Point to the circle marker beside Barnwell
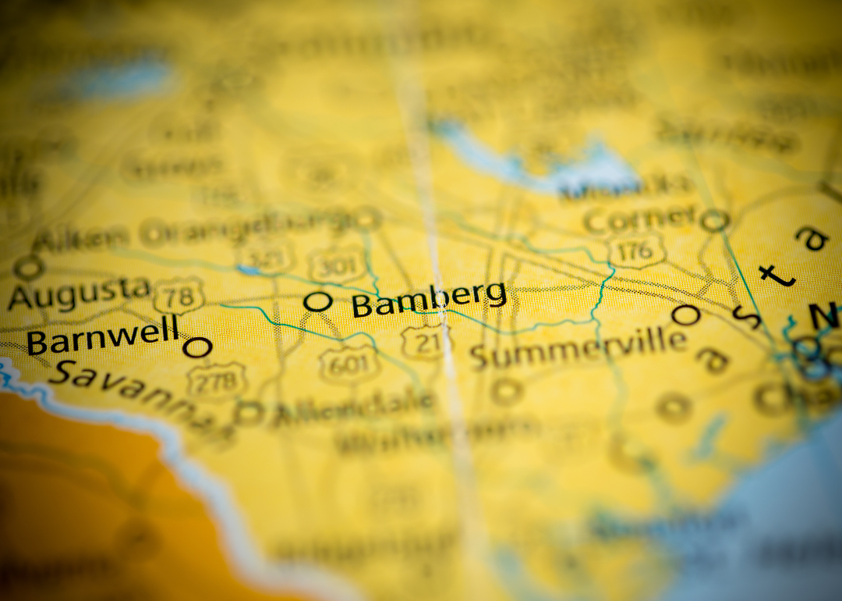pos(197,347)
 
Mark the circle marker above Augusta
pos(29,268)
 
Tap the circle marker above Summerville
pos(686,315)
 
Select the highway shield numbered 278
pos(216,380)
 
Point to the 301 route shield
pos(337,265)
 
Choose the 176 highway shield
pos(636,249)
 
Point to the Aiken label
pos(80,238)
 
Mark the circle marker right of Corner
pos(713,221)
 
